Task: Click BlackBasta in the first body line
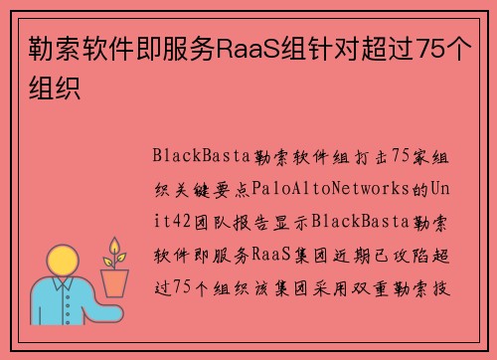tap(194, 156)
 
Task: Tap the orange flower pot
tap(115, 282)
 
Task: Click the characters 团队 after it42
tap(219, 219)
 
